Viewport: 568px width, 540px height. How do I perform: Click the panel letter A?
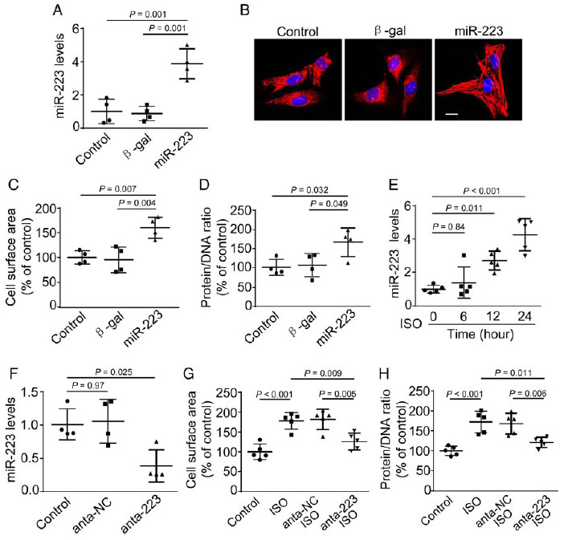pos(58,12)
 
